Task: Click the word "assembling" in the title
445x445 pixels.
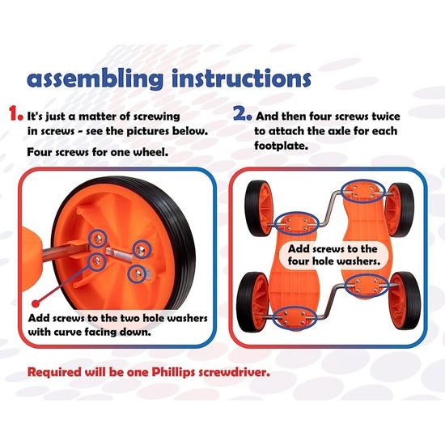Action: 95,78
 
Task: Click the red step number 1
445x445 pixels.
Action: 15,113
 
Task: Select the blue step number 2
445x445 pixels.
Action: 242,113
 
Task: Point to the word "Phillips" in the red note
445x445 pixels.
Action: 174,372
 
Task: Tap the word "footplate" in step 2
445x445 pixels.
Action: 281,146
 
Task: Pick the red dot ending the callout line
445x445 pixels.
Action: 36,303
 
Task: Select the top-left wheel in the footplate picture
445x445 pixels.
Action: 259,210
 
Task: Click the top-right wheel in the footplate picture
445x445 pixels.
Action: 400,210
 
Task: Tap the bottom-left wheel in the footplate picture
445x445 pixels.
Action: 252,302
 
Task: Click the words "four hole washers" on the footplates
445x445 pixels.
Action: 333,261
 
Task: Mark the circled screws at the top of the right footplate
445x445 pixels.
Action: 363,191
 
